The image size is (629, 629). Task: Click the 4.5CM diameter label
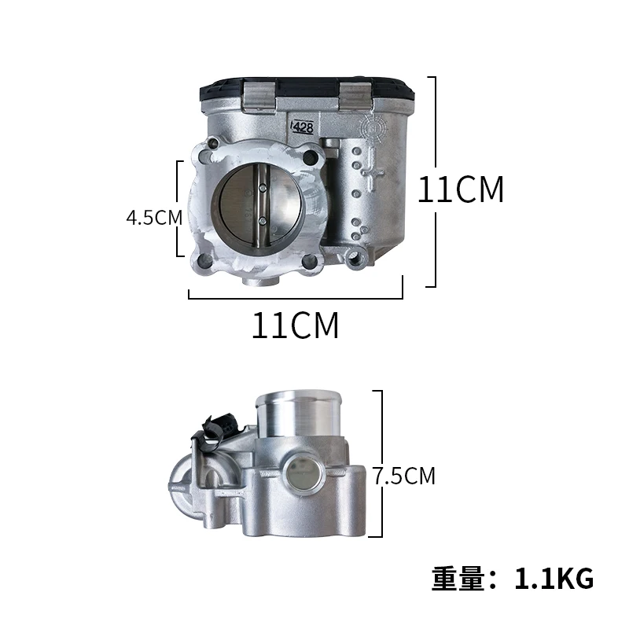154,218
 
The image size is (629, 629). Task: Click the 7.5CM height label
404,476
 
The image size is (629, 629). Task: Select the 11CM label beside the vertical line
460,189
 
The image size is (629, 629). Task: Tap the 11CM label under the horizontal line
296,326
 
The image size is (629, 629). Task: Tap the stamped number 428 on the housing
303,126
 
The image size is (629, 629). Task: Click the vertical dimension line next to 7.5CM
381,464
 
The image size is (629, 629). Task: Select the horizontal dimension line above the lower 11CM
296,298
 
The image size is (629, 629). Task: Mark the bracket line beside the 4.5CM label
181,208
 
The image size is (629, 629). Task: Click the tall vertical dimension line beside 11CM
434,182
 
